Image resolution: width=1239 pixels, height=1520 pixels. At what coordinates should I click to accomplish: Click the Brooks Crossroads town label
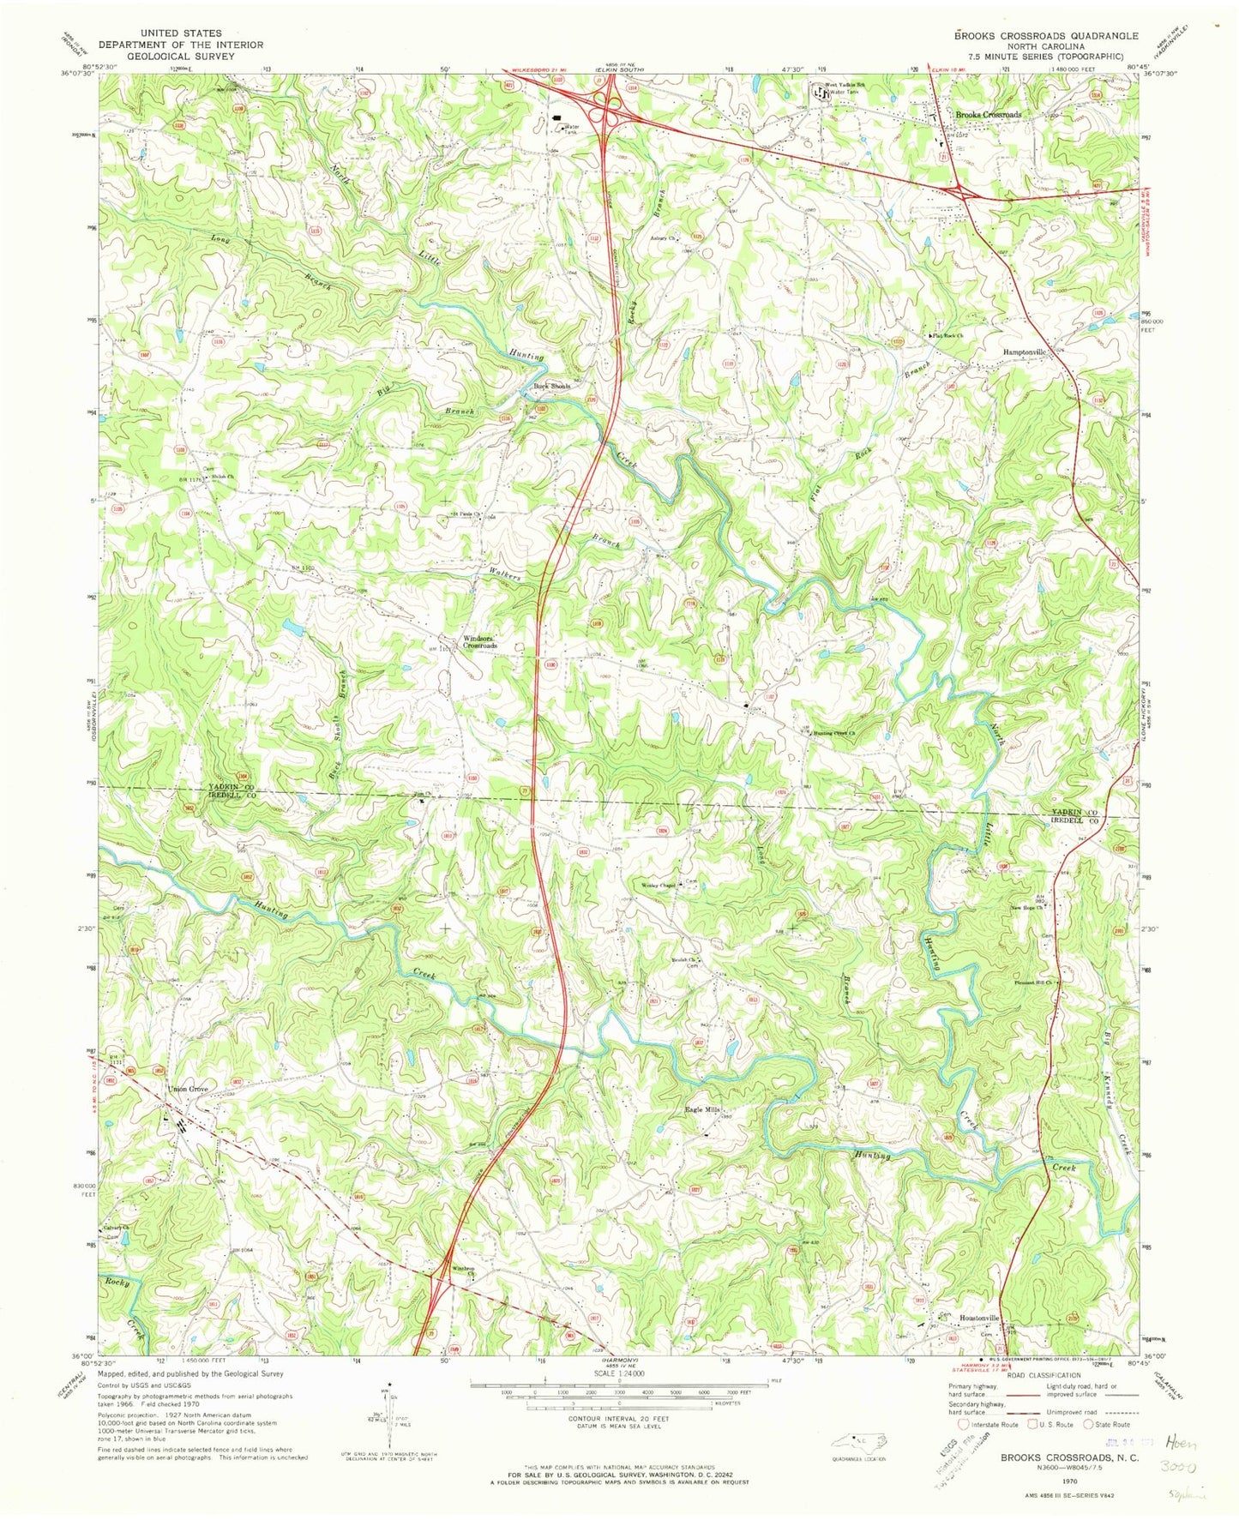989,114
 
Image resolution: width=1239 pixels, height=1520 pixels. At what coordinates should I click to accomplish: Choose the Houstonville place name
979,1318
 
